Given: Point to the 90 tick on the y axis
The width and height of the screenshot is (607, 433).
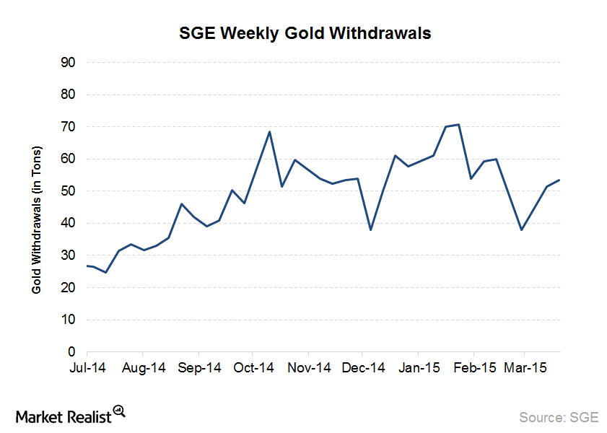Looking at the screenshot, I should click(x=69, y=63).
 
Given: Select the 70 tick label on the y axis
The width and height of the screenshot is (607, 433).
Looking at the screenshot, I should click(x=69, y=127).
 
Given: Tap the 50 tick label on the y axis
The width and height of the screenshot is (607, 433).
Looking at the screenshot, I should click(x=69, y=191).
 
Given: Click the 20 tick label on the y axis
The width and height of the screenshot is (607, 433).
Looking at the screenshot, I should click(x=69, y=288).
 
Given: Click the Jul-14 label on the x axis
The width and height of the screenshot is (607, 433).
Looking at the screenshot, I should click(x=87, y=368).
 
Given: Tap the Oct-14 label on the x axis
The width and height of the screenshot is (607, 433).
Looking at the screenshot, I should click(x=254, y=368).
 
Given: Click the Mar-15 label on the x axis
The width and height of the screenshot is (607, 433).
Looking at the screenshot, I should click(x=525, y=368).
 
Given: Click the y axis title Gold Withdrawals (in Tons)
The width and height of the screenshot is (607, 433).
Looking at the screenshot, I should click(x=37, y=219).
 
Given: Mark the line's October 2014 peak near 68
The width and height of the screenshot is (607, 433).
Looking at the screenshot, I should click(x=269, y=132).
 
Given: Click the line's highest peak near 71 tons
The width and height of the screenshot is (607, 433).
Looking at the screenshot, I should click(x=458, y=124).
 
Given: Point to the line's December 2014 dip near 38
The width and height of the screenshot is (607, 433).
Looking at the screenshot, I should click(x=370, y=230).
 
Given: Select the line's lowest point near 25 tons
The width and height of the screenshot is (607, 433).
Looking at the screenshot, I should click(x=105, y=272).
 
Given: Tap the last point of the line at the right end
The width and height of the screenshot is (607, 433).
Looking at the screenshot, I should click(x=560, y=180).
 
